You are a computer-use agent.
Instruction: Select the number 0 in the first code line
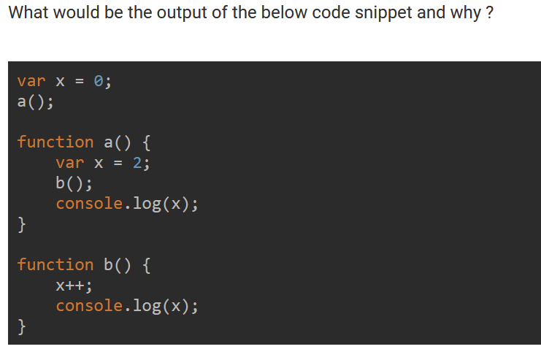coord(99,81)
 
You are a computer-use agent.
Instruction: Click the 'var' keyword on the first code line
coord(31,81)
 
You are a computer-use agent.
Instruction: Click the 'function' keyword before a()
coord(55,142)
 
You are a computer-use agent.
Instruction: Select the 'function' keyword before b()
coord(55,264)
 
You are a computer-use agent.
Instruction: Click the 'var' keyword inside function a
coord(69,162)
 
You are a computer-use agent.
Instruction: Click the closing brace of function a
coord(22,223)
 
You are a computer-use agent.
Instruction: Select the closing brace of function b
coord(22,326)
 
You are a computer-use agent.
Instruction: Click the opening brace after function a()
coord(146,142)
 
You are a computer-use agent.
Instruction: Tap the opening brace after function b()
coord(146,264)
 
